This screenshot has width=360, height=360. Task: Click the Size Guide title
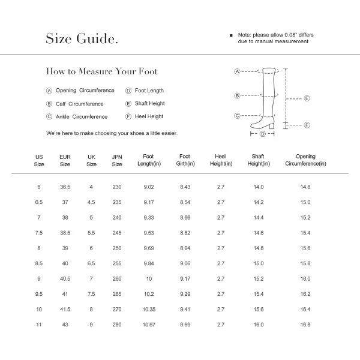point(82,39)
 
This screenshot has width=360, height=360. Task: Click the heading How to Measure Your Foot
point(102,71)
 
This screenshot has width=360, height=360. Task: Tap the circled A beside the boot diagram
point(237,71)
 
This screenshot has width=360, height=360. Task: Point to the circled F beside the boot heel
point(306,125)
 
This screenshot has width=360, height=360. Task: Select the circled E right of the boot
point(306,98)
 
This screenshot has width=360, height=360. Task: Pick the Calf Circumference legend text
point(80,104)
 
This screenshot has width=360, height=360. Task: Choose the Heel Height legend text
point(149,116)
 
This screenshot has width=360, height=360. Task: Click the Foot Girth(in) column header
point(184,160)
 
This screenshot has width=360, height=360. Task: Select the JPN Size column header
point(117,160)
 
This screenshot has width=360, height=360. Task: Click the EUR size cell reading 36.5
point(65,187)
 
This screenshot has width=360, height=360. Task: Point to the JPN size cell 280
point(117,324)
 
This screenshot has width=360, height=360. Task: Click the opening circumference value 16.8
point(305,324)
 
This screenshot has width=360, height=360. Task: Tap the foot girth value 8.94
point(185,248)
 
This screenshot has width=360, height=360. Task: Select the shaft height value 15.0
point(258,263)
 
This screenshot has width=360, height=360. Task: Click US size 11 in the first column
point(39,324)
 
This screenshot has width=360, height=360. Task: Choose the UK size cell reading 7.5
point(91,293)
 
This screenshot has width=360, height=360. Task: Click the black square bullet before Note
point(231,35)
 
